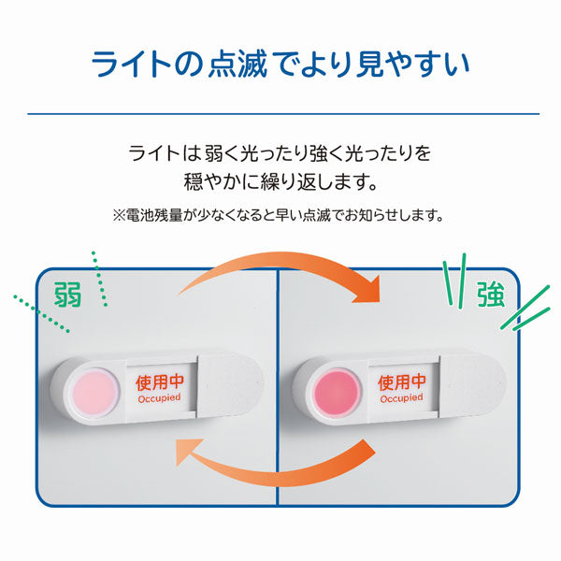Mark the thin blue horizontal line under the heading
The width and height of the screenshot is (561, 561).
click(x=280, y=115)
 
